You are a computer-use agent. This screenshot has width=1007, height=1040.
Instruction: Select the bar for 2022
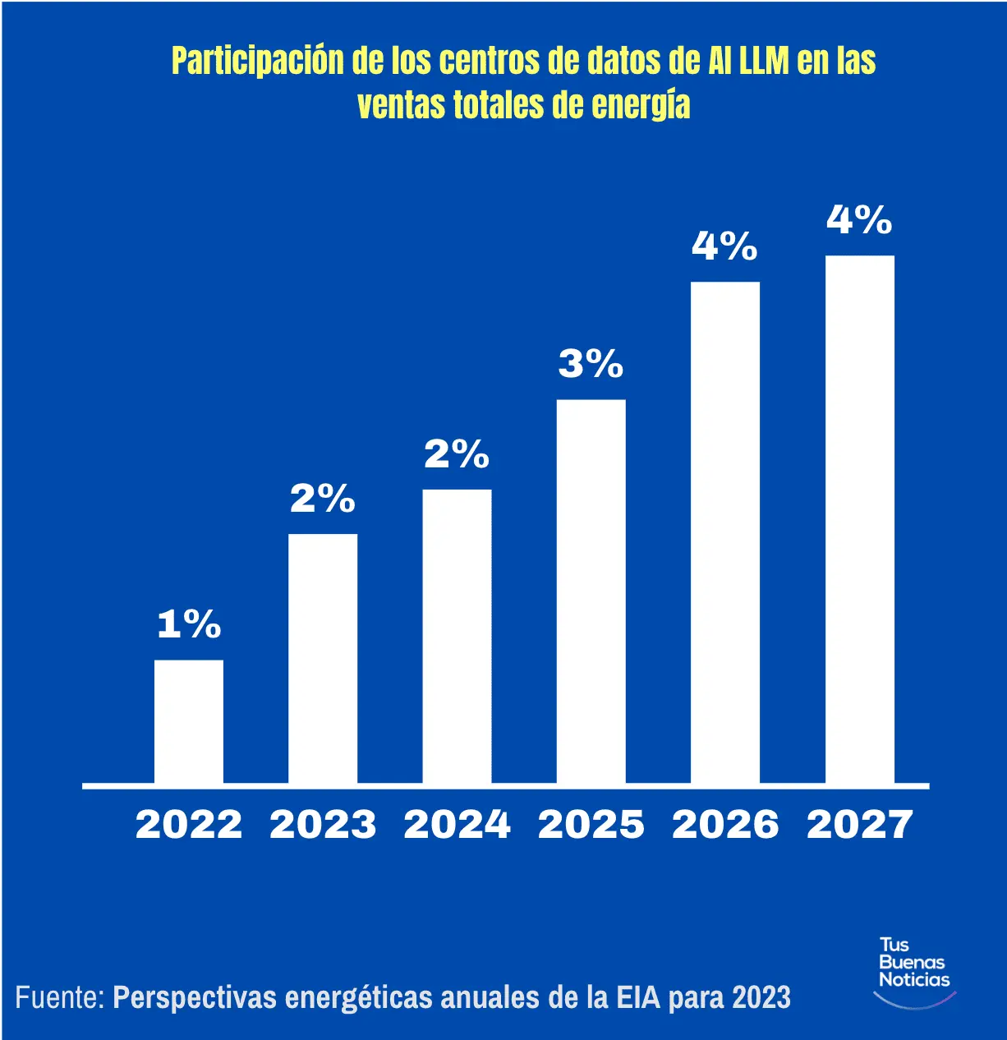pyautogui.click(x=189, y=721)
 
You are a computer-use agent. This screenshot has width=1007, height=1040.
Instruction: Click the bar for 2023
pyautogui.click(x=323, y=658)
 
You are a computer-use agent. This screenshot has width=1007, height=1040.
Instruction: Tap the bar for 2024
pyautogui.click(x=457, y=636)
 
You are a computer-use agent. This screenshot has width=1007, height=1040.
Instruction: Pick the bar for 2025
pyautogui.click(x=591, y=591)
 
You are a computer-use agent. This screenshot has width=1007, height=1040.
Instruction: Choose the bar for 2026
pyautogui.click(x=724, y=532)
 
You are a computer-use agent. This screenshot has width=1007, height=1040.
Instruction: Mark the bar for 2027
pyautogui.click(x=859, y=519)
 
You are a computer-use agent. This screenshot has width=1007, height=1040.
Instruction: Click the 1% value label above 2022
pyautogui.click(x=189, y=624)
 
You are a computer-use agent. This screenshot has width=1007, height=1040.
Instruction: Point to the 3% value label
pyautogui.click(x=591, y=364)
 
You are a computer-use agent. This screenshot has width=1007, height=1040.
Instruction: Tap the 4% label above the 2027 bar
pyautogui.click(x=859, y=220)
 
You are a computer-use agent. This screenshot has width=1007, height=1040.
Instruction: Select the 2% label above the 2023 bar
pyautogui.click(x=323, y=499)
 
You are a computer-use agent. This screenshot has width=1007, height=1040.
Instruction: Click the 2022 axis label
pyautogui.click(x=189, y=825)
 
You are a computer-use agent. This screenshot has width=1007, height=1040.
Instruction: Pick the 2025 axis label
pyautogui.click(x=591, y=825)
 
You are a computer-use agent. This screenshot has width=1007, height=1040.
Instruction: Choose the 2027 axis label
pyautogui.click(x=859, y=825)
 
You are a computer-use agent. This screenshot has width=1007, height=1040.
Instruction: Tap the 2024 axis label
pyautogui.click(x=457, y=825)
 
